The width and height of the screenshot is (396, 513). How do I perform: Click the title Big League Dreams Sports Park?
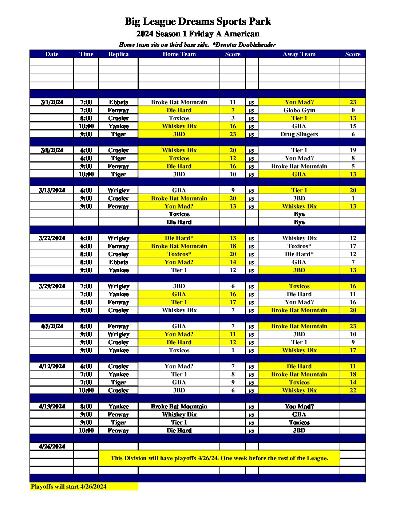pyautogui.click(x=198, y=21)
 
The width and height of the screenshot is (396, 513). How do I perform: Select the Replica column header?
pyautogui.click(x=118, y=54)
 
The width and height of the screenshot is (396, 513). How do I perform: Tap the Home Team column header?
pyautogui.click(x=179, y=54)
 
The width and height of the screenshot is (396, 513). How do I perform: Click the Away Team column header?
pyautogui.click(x=299, y=54)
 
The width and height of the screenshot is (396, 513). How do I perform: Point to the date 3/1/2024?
pyautogui.click(x=52, y=102)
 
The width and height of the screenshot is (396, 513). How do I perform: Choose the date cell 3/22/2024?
pyautogui.click(x=52, y=238)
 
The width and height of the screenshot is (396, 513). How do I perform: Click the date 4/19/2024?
pyautogui.click(x=52, y=407)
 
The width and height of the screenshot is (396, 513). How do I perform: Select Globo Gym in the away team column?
pyautogui.click(x=299, y=110)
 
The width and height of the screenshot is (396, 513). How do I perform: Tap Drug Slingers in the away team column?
pyautogui.click(x=299, y=134)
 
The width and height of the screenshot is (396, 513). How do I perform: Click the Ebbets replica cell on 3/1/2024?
pyautogui.click(x=118, y=102)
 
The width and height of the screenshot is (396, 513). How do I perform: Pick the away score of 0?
pyautogui.click(x=353, y=110)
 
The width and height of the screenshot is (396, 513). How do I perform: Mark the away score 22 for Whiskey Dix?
pyautogui.click(x=353, y=391)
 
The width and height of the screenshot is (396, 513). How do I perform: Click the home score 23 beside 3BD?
pyautogui.click(x=233, y=134)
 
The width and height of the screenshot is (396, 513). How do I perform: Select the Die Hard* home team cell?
pyautogui.click(x=179, y=238)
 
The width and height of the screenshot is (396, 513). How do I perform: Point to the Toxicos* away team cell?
pyautogui.click(x=299, y=246)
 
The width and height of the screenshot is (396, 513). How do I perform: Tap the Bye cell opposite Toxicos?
pyautogui.click(x=299, y=214)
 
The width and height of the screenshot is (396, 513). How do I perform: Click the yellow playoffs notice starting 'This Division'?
pyautogui.click(x=219, y=458)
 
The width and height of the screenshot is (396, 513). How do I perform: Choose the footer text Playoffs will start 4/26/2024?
pyautogui.click(x=69, y=487)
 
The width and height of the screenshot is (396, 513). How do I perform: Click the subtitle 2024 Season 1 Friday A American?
pyautogui.click(x=198, y=34)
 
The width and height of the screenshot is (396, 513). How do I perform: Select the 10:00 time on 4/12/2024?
pyautogui.click(x=86, y=391)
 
